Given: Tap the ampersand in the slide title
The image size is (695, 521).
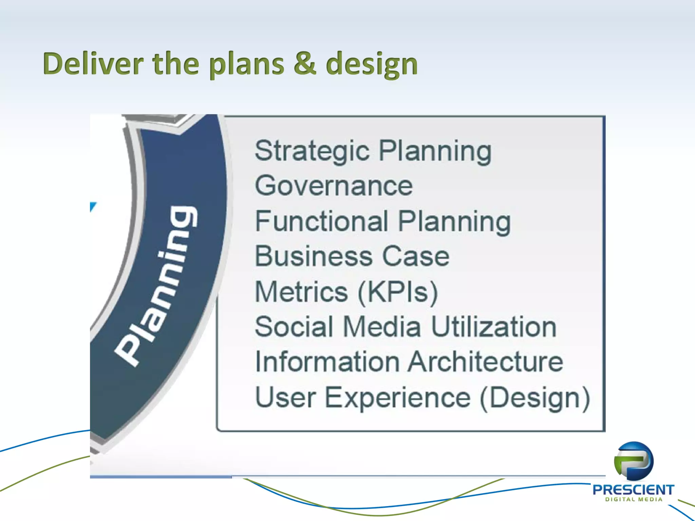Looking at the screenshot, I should coord(305,64).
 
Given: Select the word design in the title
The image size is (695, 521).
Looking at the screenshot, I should coord(372,64).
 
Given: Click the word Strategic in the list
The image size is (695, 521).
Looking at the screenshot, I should coord(312,151).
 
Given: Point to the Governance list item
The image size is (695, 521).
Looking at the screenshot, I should coord(334,186).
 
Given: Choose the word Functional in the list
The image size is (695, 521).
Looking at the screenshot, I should coord(321,221).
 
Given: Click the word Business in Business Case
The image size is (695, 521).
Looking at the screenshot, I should coord(314,256).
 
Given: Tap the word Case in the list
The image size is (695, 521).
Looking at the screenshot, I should coord(416,256).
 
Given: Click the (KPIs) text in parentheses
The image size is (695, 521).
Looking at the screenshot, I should coord(398,292).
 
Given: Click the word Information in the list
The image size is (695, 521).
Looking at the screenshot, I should coord(327,362).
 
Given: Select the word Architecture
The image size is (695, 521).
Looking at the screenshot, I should coord(485,362).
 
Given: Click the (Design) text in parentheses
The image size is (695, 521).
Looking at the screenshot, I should coord(535,398).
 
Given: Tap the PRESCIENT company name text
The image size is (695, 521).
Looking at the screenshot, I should coord(633,490).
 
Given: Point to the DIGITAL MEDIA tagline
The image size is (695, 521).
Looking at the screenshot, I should coord(634,499).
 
